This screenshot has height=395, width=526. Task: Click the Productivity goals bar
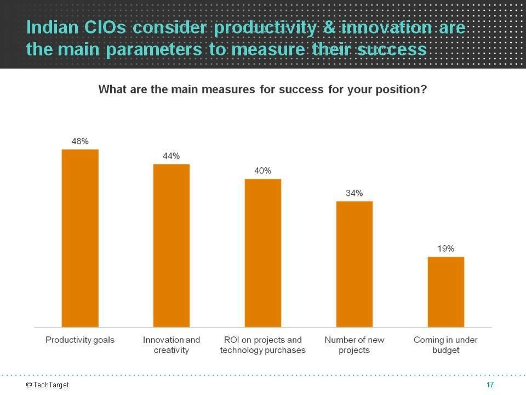(x=80, y=238)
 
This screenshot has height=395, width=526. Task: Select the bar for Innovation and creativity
(x=171, y=245)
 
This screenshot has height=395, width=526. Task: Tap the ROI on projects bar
(x=262, y=253)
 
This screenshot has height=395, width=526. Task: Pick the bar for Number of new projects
(x=354, y=264)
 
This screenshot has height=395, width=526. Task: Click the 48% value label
(x=80, y=141)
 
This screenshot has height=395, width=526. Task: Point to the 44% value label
(x=171, y=156)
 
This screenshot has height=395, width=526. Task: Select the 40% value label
(x=262, y=171)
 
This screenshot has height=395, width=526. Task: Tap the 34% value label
(x=354, y=193)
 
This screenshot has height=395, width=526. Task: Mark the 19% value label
(x=445, y=249)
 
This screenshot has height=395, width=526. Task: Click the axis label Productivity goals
(x=80, y=340)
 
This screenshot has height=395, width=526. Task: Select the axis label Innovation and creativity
(x=171, y=345)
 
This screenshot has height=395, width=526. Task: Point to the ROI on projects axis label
(x=262, y=345)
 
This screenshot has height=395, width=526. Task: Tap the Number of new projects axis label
(x=354, y=345)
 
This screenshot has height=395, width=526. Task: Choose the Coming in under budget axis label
(x=445, y=345)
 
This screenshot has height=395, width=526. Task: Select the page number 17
(x=490, y=385)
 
